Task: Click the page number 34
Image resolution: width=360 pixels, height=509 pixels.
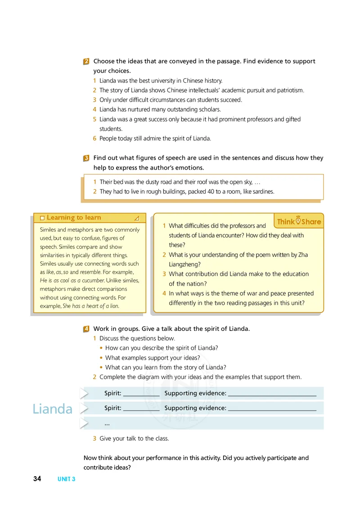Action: pyautogui.click(x=37, y=479)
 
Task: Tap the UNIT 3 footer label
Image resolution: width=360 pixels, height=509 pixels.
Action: pyautogui.click(x=66, y=479)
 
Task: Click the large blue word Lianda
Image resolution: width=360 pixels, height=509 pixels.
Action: pyautogui.click(x=52, y=409)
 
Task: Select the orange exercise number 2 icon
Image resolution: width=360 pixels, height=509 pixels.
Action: pyautogui.click(x=86, y=62)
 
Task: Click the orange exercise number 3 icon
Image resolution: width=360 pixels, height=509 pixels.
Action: pyautogui.click(x=86, y=158)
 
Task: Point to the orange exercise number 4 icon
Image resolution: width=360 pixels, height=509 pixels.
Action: pyautogui.click(x=86, y=329)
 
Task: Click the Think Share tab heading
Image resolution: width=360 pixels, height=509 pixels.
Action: pyautogui.click(x=299, y=221)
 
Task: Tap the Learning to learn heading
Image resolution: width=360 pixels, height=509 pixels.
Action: pyautogui.click(x=74, y=218)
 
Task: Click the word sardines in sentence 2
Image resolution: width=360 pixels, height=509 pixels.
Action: pyautogui.click(x=263, y=192)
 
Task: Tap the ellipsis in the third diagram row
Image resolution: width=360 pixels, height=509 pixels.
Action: pyautogui.click(x=107, y=424)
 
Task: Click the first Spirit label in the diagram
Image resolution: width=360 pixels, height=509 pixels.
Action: pyautogui.click(x=112, y=393)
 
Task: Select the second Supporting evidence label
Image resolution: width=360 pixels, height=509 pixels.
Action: pyautogui.click(x=195, y=408)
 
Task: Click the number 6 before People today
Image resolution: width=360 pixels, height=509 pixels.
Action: pyautogui.click(x=94, y=138)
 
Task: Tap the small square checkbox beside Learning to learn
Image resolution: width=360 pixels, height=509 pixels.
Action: pyautogui.click(x=42, y=218)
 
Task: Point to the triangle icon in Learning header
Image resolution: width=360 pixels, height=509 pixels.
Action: pyautogui.click(x=137, y=218)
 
